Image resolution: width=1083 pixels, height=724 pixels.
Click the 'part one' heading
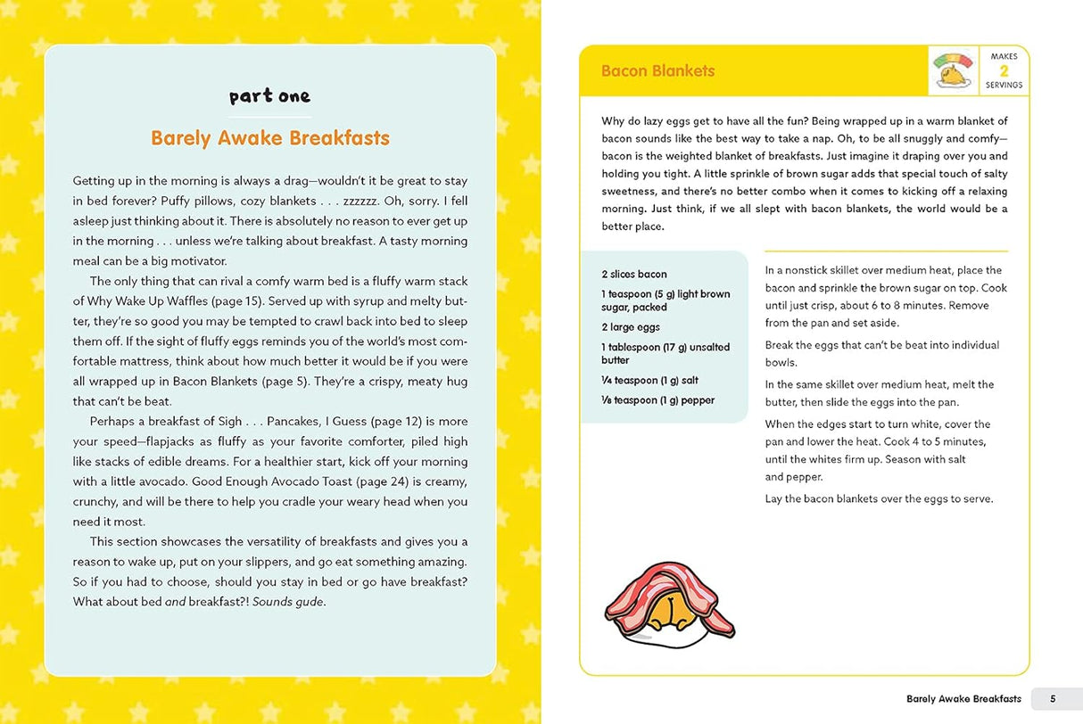click(269, 96)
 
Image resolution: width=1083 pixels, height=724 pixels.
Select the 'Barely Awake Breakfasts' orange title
click(269, 138)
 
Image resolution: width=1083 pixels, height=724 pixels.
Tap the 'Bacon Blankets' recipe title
click(657, 71)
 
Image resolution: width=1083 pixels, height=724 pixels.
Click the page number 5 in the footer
click(1053, 699)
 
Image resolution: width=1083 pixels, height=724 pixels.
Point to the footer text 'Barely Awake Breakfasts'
click(963, 699)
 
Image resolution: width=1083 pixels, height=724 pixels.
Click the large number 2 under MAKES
click(1004, 70)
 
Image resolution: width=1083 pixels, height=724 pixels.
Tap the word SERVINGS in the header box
click(1004, 86)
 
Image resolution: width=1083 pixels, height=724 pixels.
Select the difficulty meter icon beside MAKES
click(954, 70)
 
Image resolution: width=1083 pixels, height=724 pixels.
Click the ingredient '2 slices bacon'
click(633, 275)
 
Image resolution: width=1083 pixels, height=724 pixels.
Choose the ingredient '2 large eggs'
click(630, 327)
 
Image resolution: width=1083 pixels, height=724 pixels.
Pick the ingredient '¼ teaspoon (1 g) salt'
click(649, 381)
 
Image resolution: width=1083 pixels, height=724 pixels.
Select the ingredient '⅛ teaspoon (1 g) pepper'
click(657, 400)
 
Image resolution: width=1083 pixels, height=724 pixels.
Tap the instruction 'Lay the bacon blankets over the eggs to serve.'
click(879, 498)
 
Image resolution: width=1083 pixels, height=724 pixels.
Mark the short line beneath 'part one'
click(269, 117)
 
